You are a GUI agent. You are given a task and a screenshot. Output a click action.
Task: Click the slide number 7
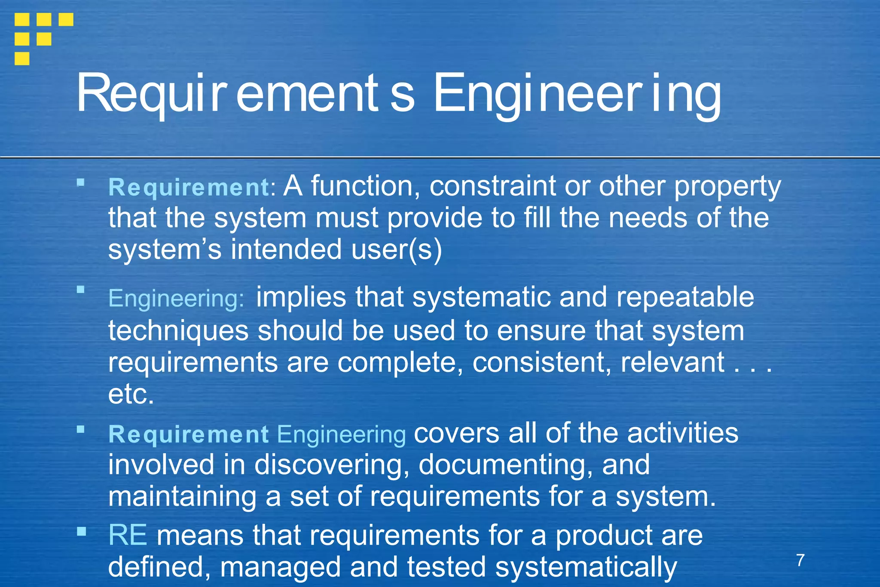pos(800,560)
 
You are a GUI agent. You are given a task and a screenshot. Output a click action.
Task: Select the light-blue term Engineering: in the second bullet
pos(176,298)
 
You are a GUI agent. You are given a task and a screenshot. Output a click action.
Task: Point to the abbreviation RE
pos(128,535)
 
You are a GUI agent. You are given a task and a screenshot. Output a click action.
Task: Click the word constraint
pos(492,186)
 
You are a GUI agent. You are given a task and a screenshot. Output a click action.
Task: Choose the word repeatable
pos(685,297)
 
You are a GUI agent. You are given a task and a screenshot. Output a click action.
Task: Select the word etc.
pos(131,394)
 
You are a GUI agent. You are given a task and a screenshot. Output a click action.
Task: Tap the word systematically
pos(586,567)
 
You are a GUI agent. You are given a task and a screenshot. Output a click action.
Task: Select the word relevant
pos(673,362)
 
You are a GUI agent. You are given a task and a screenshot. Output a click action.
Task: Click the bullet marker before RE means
pos(81,532)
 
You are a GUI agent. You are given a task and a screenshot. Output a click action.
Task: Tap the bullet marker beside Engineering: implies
pos(81,289)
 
